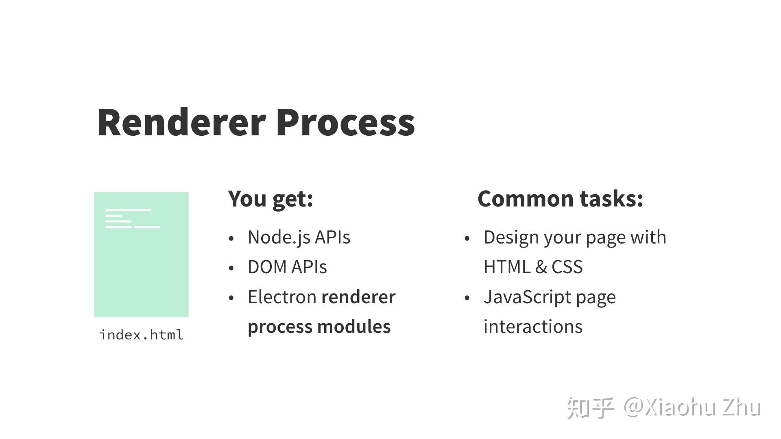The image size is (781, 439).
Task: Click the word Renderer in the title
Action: click(181, 122)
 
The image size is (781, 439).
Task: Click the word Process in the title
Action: click(345, 122)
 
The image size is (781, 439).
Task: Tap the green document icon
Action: click(141, 254)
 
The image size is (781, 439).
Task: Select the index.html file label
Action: click(141, 335)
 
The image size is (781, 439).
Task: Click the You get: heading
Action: click(271, 199)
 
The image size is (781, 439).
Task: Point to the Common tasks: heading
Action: click(560, 199)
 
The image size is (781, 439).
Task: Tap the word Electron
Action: click(282, 297)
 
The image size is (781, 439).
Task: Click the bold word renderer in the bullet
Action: click(358, 297)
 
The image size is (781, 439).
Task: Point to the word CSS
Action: click(567, 267)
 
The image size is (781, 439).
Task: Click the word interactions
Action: click(533, 326)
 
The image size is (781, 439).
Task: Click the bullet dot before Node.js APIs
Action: click(231, 238)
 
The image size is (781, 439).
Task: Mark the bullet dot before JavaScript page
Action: click(467, 298)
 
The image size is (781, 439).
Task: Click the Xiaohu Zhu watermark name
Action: click(702, 407)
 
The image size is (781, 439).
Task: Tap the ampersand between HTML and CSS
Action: click(541, 267)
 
